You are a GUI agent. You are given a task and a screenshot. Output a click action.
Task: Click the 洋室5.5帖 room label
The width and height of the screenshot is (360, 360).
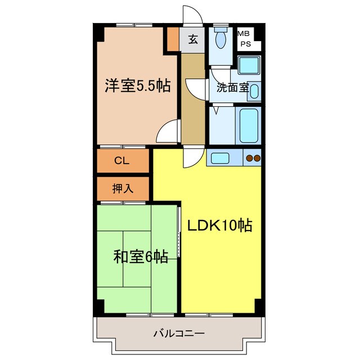137,86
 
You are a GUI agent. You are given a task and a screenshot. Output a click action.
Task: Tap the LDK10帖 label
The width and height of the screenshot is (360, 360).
219,226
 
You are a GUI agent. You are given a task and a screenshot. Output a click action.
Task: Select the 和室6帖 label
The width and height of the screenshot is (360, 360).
140,257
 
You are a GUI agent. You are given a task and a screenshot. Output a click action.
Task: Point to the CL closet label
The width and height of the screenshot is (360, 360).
122,160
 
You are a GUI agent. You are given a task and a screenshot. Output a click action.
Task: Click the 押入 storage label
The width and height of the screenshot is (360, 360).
122,189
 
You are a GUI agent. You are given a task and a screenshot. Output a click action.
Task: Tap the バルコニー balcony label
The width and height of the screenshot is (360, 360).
179,334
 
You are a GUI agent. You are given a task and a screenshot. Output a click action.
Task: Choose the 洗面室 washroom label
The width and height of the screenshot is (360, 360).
232,87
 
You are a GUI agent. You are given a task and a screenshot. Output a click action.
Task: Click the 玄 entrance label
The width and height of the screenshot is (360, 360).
193,39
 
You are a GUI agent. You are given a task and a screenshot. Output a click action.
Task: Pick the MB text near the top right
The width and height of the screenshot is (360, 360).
245,34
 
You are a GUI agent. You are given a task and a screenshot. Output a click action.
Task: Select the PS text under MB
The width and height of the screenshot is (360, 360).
245,43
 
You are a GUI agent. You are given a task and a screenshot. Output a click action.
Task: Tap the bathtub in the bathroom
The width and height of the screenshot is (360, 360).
249,125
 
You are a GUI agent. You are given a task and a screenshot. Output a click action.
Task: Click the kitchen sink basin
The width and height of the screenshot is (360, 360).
219,158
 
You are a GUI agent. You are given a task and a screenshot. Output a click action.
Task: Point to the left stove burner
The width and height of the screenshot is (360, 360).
249,159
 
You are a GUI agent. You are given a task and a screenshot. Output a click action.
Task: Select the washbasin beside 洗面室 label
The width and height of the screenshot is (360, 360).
254,91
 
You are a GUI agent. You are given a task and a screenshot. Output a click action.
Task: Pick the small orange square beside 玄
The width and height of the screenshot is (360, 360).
172,39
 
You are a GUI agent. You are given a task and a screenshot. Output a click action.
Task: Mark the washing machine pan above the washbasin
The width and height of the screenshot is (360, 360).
248,65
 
